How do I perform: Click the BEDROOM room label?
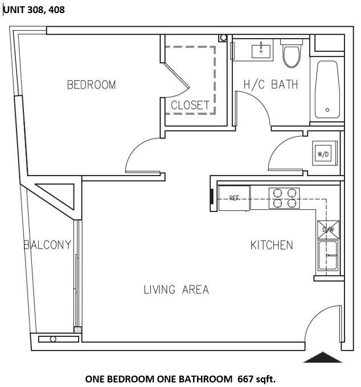point(91,85)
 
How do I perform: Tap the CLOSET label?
point(190,105)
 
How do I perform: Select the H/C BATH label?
point(271,85)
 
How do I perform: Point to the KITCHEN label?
point(272,245)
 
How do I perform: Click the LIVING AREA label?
point(176,290)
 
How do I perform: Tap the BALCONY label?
point(48,245)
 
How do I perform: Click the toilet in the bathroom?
point(292,54)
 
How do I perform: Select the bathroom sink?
point(262,50)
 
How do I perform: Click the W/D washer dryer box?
point(323,153)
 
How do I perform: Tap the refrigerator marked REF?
point(234,198)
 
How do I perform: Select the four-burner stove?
point(285,198)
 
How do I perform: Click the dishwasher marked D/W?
point(329,229)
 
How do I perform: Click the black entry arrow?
point(323,357)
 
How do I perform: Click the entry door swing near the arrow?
point(320,325)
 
